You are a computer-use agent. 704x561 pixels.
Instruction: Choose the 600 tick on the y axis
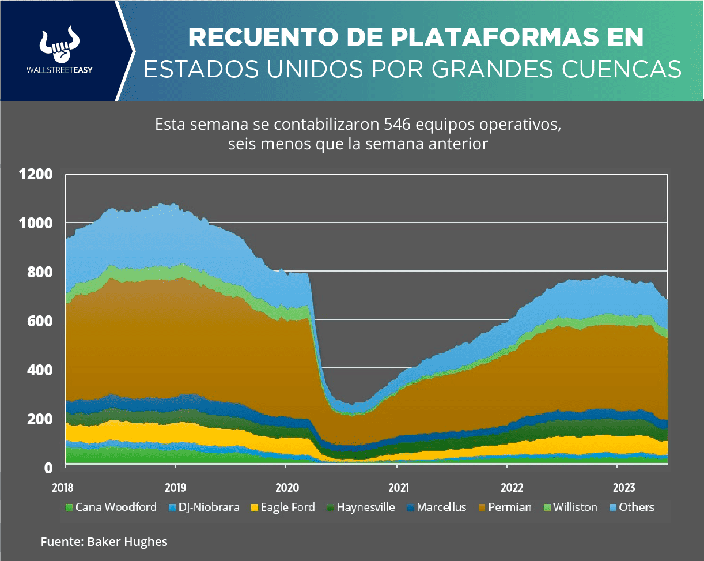click(x=39, y=321)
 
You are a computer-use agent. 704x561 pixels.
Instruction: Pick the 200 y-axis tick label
click(x=39, y=419)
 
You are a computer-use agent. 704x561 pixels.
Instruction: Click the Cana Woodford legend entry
click(x=110, y=508)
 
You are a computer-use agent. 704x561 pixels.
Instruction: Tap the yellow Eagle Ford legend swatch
click(x=253, y=509)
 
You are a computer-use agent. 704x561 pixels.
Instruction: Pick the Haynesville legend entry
click(x=361, y=508)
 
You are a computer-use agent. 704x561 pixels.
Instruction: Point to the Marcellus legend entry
click(x=436, y=508)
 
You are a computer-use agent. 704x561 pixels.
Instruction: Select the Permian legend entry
click(x=504, y=508)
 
